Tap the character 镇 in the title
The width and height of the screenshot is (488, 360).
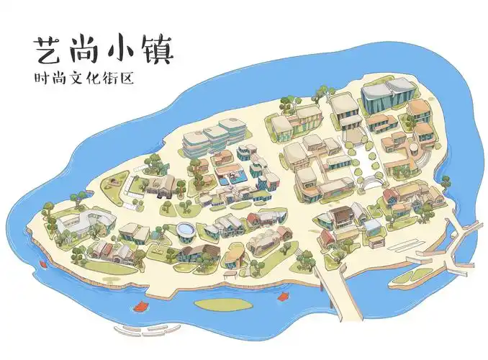pos(157,50)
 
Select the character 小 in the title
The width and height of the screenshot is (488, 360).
pos(120,50)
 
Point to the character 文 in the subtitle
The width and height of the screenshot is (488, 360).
pos(80,77)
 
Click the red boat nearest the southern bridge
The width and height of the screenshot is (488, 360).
pos(283,295)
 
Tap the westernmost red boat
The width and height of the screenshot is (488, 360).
pos(45,264)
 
